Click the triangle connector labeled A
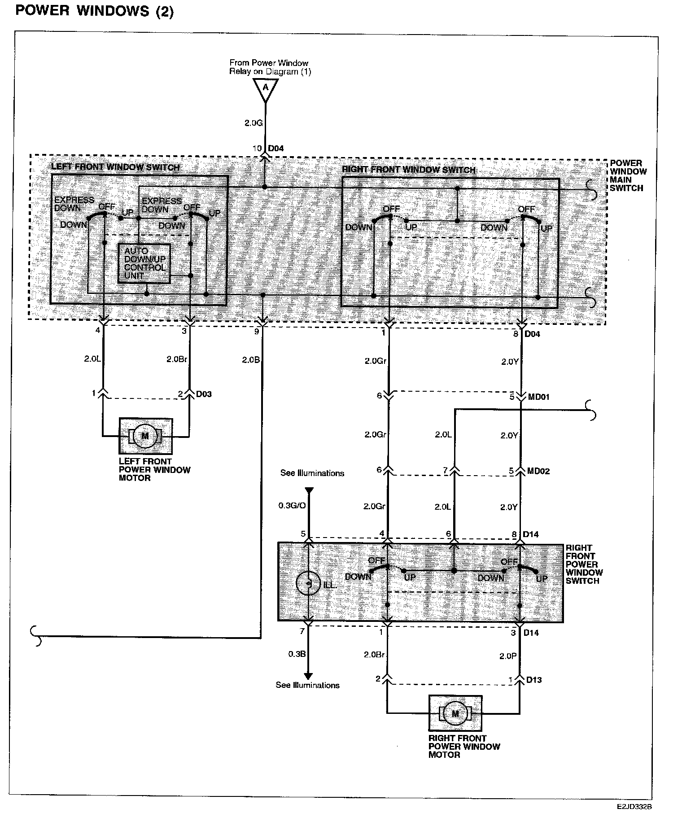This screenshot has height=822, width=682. click(x=265, y=87)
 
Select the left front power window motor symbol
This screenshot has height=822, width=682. click(x=145, y=436)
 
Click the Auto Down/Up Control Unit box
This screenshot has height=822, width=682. click(x=144, y=263)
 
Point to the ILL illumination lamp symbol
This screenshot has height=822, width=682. click(x=308, y=584)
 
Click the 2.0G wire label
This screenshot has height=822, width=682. click(x=254, y=122)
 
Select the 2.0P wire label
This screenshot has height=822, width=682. click(x=508, y=656)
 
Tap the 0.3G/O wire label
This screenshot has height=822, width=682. click(x=292, y=506)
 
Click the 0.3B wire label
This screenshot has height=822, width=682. click(x=297, y=654)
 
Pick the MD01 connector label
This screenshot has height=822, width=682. click(x=538, y=397)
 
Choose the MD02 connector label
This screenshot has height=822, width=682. click(x=538, y=471)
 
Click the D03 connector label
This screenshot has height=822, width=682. click(x=204, y=394)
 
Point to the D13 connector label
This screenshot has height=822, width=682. click(x=534, y=680)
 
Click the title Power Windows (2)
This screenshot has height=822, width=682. click(x=94, y=11)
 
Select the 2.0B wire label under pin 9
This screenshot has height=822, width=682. click(x=250, y=360)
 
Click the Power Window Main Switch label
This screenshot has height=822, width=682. click(x=628, y=175)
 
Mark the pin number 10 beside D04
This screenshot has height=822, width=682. click(x=257, y=149)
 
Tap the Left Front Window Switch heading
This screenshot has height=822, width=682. click(x=115, y=167)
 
